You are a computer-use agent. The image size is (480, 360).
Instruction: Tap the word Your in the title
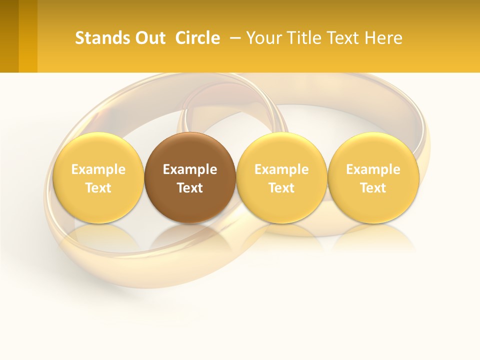(x=263, y=38)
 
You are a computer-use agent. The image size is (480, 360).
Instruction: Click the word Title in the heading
(x=301, y=38)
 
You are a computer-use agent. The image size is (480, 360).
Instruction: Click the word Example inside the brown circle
(x=190, y=169)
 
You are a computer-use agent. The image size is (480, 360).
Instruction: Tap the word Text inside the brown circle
(x=190, y=188)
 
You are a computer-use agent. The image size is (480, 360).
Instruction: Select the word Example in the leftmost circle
(x=98, y=169)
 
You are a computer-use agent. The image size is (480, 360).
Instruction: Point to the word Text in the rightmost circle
(x=373, y=188)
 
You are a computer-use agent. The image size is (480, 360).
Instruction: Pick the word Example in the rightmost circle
(x=373, y=169)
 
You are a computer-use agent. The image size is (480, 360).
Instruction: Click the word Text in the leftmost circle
(x=98, y=188)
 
